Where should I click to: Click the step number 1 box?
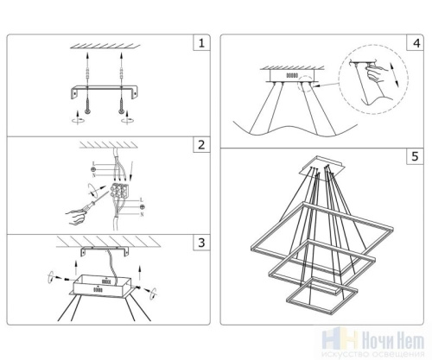[200, 42]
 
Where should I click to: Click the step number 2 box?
[200, 145]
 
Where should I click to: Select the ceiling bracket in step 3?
[105, 251]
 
